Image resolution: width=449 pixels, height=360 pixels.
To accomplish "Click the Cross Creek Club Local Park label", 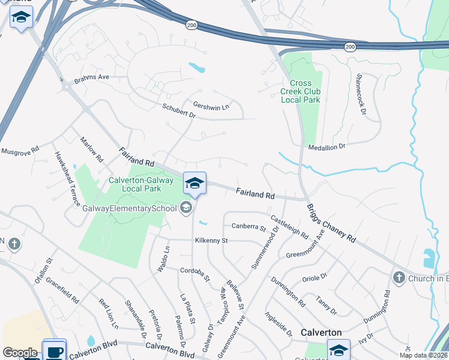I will (300, 91).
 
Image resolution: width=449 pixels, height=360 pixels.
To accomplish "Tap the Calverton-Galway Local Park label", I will (143, 184).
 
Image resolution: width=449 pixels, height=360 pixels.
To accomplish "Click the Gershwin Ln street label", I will (211, 106).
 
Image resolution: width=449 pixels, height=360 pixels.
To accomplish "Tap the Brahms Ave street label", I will (91, 77).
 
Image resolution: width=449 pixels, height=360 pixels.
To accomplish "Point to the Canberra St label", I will (249, 227).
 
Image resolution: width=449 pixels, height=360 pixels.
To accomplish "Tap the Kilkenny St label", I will (211, 241).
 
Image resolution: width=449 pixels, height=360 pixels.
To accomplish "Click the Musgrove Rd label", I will (19, 150).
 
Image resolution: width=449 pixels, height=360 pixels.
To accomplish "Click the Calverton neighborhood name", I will (321, 332).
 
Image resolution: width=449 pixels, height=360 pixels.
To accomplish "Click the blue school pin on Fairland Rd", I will (194, 183).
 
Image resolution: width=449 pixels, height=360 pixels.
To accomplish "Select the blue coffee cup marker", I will (55, 351).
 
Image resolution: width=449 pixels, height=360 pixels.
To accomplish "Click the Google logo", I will (20, 353).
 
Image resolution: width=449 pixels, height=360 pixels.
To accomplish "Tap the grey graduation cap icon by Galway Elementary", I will (186, 208).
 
